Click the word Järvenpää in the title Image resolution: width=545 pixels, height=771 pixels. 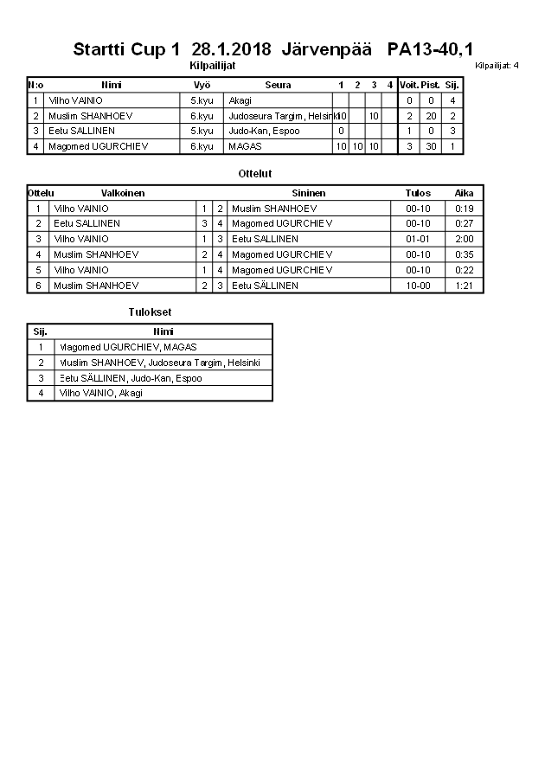click(x=331, y=48)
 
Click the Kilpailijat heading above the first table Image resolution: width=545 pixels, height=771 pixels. click(x=213, y=65)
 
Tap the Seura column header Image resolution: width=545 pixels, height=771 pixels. click(x=278, y=85)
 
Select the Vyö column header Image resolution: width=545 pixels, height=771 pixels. click(x=202, y=85)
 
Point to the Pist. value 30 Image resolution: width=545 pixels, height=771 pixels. click(x=431, y=146)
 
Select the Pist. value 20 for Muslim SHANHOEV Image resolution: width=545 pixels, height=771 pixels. click(x=431, y=116)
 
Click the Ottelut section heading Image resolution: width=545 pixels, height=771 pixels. click(x=255, y=174)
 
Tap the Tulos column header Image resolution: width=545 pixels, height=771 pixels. click(x=418, y=193)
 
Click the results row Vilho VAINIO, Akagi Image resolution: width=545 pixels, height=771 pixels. click(x=100, y=393)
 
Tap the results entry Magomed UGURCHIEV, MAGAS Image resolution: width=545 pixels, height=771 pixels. click(x=129, y=347)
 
